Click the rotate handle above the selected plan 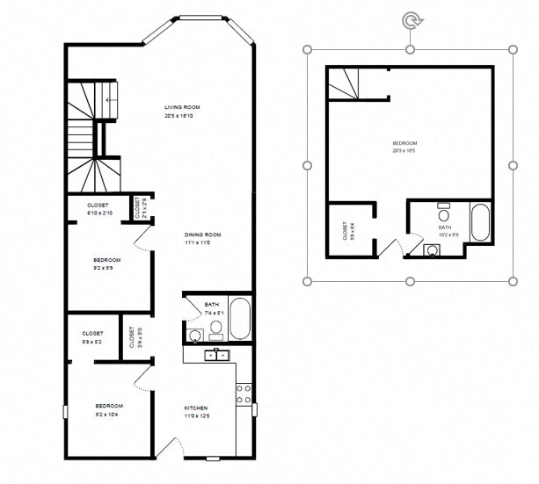point(411,18)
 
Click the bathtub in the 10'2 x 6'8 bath point(480,223)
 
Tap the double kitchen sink point(215,355)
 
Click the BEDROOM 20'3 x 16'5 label point(404,147)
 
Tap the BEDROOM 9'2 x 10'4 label point(107,409)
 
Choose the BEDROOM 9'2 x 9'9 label point(107,264)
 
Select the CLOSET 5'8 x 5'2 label point(92,336)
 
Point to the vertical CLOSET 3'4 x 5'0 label point(132,337)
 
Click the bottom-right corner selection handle point(514,281)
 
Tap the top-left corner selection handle point(307,49)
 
